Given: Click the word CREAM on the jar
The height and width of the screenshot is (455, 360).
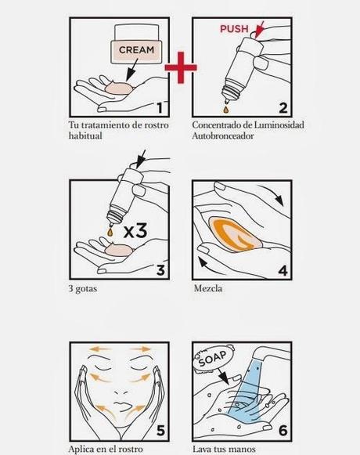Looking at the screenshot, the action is (136, 50).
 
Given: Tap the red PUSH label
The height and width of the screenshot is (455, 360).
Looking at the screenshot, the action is (234, 29).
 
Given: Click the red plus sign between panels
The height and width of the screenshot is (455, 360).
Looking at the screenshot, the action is (181, 67).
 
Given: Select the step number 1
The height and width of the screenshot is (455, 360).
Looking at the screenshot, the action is (160, 107).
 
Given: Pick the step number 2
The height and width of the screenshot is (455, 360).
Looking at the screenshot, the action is (283, 107).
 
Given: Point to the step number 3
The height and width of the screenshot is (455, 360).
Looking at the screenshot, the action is (160, 270).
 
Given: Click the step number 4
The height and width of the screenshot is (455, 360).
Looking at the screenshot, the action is (283, 270).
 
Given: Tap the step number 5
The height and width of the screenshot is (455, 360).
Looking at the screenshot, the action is (160, 431).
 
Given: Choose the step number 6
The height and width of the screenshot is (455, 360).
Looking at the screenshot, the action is (283, 431).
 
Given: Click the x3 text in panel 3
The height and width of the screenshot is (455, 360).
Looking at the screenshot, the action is (135, 231).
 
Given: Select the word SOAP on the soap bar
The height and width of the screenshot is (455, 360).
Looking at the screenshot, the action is (213, 359).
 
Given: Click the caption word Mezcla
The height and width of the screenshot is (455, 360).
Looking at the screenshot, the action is (208, 288).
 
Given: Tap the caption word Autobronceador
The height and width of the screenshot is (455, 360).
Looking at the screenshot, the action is (223, 135).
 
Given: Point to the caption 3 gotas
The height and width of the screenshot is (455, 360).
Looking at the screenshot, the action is (83, 289).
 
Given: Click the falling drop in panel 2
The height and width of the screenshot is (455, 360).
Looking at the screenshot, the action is (225, 110).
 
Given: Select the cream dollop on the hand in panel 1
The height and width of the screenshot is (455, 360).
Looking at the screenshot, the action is (119, 88).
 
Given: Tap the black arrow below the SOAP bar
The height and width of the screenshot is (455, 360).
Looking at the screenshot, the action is (222, 376).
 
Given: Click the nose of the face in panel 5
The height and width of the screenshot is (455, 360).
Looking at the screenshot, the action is (121, 392).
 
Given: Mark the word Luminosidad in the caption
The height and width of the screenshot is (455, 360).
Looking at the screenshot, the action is (279, 125).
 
